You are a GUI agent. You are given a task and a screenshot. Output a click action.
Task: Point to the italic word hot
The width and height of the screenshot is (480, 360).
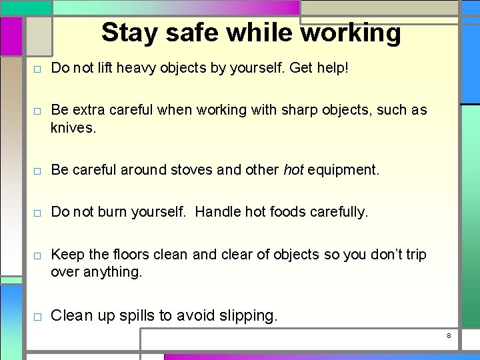[293, 170]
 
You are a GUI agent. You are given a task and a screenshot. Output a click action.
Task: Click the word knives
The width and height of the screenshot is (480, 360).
[73, 127]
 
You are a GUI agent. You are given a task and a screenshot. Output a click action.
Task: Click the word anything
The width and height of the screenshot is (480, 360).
[113, 271]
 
